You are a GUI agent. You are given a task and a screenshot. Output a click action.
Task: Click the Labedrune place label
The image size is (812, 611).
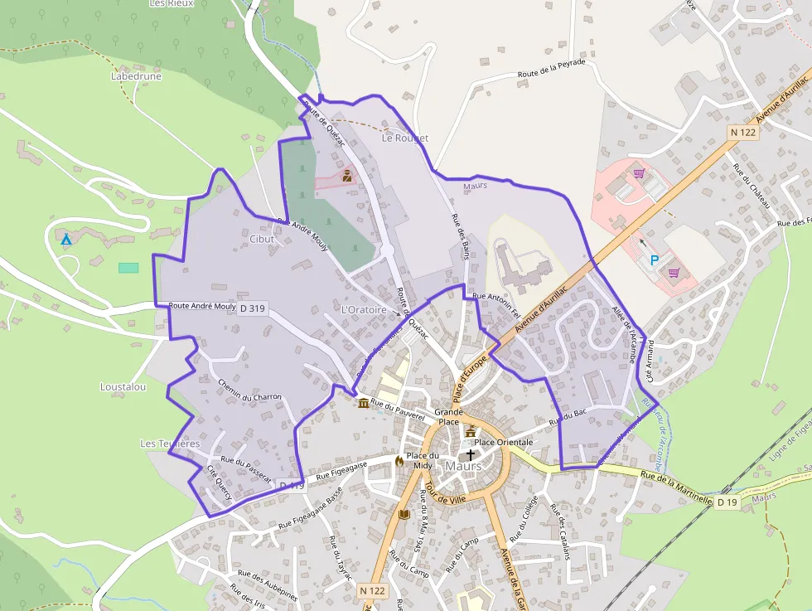point(136,76)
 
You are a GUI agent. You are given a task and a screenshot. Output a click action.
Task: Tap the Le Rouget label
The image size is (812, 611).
point(405,138)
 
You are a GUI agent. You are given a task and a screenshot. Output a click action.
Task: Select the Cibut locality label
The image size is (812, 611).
point(261,239)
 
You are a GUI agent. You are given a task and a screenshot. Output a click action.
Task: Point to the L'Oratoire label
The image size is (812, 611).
point(364,310)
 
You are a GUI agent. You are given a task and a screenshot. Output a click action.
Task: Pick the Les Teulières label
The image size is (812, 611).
point(170,444)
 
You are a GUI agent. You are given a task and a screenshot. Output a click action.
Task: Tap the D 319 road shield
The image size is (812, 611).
point(252,308)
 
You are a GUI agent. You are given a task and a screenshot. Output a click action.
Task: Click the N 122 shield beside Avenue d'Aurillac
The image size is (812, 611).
point(743,132)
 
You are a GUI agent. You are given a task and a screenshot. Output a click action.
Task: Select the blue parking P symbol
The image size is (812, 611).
point(655,260)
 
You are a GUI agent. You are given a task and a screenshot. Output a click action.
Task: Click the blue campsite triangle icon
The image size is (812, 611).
point(65,240)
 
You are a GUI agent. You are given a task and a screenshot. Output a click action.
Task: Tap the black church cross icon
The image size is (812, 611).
point(471,454)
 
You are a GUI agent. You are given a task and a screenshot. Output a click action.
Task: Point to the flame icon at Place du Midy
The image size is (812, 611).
point(399,460)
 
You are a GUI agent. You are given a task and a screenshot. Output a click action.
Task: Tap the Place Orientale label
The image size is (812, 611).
point(503,443)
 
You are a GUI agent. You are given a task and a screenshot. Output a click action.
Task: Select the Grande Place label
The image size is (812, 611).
point(448,416)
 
